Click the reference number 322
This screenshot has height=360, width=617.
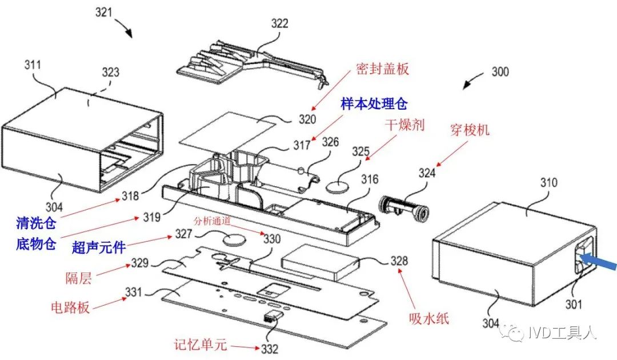point(279,24)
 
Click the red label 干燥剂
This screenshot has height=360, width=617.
point(403,126)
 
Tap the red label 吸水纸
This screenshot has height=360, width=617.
point(429,318)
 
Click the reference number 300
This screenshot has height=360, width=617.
point(499,73)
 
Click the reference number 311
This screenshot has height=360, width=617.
point(33,65)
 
